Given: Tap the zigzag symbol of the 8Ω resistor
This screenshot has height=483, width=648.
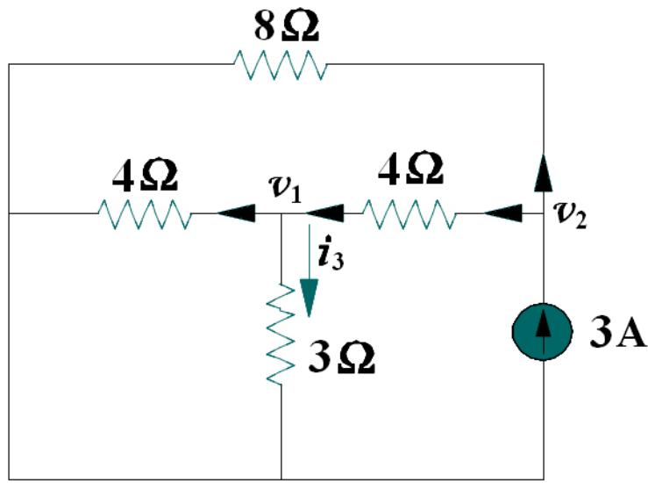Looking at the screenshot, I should point(280,64).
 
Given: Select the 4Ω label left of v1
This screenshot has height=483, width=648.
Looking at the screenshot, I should point(146,177).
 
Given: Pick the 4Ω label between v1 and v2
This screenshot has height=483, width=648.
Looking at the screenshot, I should point(411,169).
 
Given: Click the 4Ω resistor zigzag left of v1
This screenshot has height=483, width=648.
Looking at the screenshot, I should point(145,213).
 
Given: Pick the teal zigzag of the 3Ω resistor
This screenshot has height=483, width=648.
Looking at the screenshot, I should point(281,333).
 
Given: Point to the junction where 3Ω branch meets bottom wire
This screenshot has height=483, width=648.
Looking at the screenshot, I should point(281,479).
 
